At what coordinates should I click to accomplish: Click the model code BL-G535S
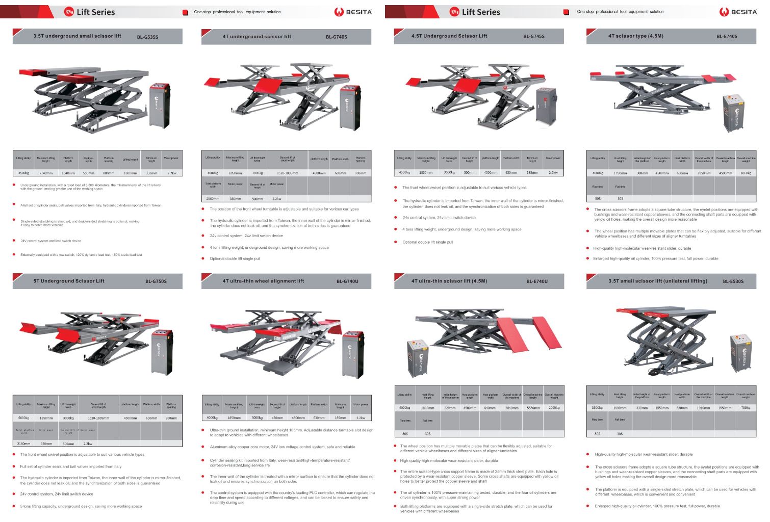[x=147, y=37]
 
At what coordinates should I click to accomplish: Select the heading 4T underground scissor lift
[x=256, y=37]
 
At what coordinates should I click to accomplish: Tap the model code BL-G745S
[x=533, y=36]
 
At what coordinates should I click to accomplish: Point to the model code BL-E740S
[x=726, y=36]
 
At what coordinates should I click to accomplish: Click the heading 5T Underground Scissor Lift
[x=69, y=281]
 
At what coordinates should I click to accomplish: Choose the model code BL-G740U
[x=347, y=281]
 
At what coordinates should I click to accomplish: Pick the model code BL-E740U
[x=537, y=281]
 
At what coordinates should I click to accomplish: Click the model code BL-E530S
[x=733, y=281]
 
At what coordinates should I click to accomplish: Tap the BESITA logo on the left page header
[x=353, y=12]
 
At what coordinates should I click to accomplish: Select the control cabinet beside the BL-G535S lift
[x=160, y=106]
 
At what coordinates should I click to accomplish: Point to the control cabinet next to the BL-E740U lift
[x=418, y=357]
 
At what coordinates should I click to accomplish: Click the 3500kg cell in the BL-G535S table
[x=23, y=173]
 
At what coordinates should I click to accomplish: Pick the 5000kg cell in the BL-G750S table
[x=23, y=418]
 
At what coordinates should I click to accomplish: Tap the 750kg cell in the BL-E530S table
[x=746, y=408]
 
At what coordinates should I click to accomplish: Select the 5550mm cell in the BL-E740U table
[x=533, y=408]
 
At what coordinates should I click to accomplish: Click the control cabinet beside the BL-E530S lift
[x=740, y=353]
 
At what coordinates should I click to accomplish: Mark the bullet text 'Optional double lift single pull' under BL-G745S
[x=427, y=242]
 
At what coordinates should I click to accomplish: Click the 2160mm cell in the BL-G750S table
[x=23, y=444]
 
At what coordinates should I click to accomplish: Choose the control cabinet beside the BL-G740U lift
[x=353, y=354]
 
